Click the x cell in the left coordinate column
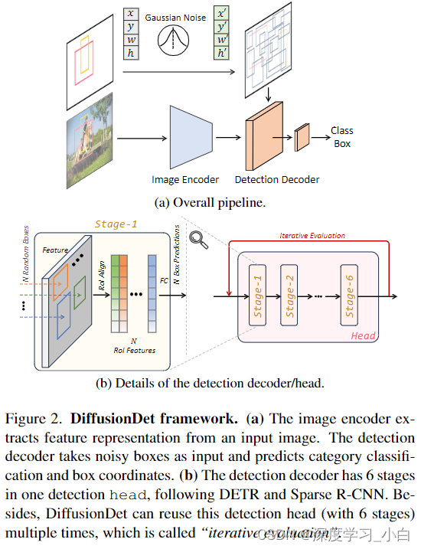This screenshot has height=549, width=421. (x=131, y=13)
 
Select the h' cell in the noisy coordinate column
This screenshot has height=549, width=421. (x=222, y=53)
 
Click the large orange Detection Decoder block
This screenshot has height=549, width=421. (x=262, y=139)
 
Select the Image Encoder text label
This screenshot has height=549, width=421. (x=185, y=180)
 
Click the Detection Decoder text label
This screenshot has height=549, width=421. (x=277, y=180)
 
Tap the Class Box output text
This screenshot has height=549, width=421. (x=341, y=137)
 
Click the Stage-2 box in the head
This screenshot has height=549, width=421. (x=289, y=296)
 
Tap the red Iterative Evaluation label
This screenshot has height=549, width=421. (x=312, y=236)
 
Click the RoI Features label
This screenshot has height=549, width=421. (x=135, y=351)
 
